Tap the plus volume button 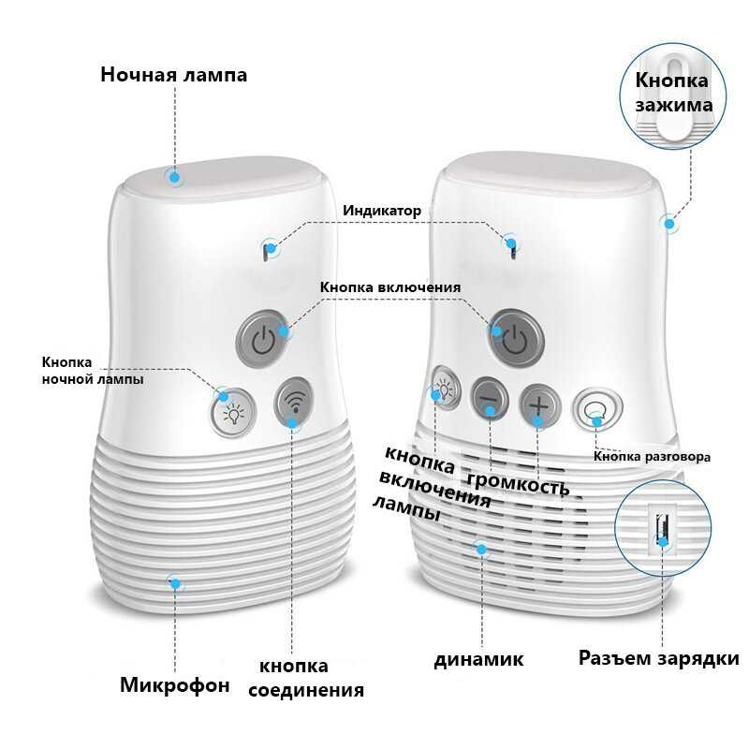tap(540, 404)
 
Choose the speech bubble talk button tap(594, 409)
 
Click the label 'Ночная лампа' tap(174, 75)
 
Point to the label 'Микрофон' tap(174, 685)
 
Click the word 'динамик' tap(478, 659)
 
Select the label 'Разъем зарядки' tap(658, 658)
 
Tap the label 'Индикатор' tap(381, 211)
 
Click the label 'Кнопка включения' tap(390, 286)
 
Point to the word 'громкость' tap(518, 484)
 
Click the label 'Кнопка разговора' tap(652, 457)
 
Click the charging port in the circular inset tap(663, 528)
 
